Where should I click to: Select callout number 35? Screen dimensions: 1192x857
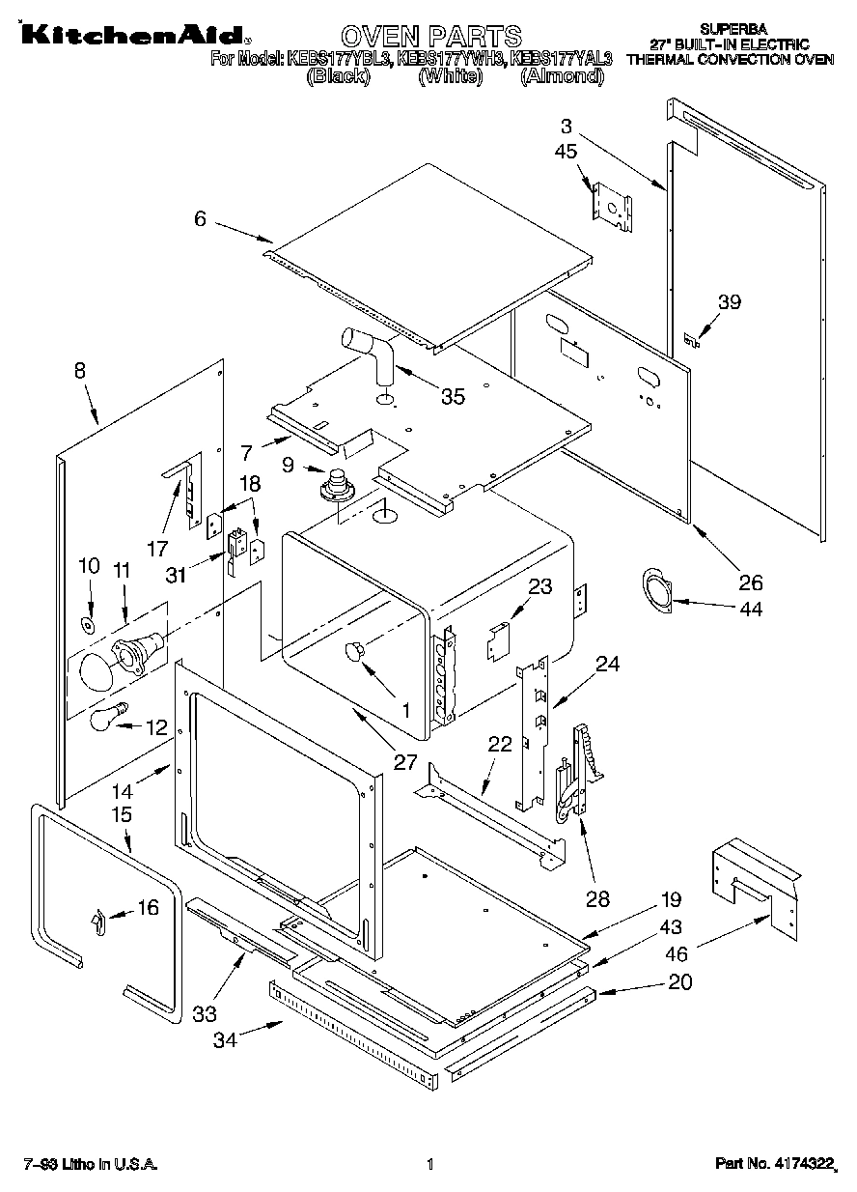453,396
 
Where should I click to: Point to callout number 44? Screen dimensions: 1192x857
750,609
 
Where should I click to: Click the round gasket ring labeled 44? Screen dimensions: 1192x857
659,591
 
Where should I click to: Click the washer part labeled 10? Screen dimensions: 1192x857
88,625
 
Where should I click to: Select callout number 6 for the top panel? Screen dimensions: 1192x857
200,219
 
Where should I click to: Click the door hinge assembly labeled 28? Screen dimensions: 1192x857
580,773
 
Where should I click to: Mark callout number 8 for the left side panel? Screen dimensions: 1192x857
79,369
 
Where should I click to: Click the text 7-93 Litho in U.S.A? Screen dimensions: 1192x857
90,1164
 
